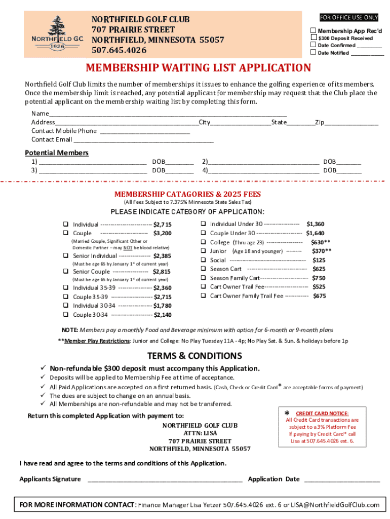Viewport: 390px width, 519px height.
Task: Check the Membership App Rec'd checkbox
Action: [314, 31]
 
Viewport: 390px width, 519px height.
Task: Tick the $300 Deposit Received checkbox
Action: [314, 38]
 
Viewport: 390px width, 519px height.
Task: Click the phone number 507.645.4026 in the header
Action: [119, 50]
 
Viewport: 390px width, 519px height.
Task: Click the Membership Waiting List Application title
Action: [198, 68]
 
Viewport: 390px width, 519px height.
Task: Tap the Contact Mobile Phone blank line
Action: [145, 132]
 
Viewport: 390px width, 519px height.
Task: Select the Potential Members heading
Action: [57, 153]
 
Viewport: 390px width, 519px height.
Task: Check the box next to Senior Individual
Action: [65, 256]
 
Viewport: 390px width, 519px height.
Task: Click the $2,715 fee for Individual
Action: [163, 225]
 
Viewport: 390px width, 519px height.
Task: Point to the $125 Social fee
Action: [319, 260]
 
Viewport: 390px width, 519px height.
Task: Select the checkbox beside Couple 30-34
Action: [65, 315]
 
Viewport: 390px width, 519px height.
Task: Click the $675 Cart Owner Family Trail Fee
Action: [319, 296]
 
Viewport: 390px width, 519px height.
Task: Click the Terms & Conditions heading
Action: [194, 356]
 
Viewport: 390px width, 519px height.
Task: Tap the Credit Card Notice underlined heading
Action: [322, 413]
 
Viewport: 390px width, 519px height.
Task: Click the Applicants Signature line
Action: [165, 480]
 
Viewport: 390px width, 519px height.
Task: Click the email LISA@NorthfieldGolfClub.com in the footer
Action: [335, 505]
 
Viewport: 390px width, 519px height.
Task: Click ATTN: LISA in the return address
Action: [200, 433]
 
